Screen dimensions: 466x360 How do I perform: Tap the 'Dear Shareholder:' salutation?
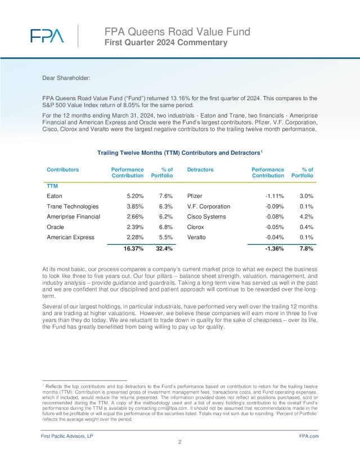click(66, 77)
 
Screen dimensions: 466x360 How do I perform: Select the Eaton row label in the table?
click(55, 196)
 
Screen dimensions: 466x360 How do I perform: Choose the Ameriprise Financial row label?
click(73, 217)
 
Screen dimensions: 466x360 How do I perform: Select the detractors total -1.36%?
click(273, 249)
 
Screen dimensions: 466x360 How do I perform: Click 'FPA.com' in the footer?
click(309, 436)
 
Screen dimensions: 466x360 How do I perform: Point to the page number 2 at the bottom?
click(179, 443)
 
